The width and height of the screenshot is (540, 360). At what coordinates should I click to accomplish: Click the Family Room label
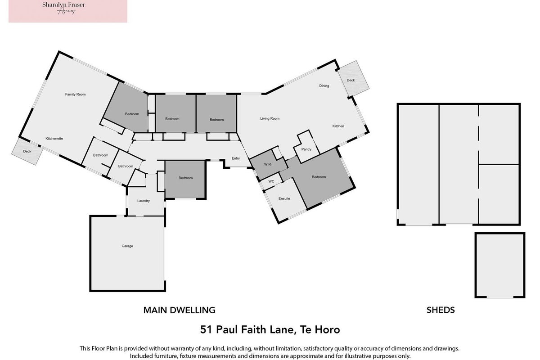pos(75,94)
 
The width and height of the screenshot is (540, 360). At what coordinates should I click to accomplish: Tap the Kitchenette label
pos(54,139)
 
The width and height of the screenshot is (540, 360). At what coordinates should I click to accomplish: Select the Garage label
pos(127,246)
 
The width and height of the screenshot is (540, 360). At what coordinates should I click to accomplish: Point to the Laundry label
pos(144,201)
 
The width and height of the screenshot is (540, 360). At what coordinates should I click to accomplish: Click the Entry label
pos(236,158)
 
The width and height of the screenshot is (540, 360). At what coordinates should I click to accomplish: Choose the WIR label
pos(268,164)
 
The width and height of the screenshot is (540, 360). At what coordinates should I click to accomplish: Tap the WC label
pos(271,181)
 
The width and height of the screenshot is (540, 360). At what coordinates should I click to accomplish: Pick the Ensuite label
pos(284,198)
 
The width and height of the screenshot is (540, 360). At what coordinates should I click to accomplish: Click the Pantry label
pos(306,149)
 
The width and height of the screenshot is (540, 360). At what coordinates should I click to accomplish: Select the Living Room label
pos(270,118)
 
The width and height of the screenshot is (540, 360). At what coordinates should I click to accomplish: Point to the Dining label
pos(324,85)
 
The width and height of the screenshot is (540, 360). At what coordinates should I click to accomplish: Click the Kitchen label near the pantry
pos(338,126)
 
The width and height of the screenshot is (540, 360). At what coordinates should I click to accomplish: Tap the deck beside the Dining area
pos(353,78)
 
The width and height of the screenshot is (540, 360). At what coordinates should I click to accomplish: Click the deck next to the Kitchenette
pos(27,152)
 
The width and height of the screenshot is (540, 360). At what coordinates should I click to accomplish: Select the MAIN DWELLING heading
pos(180,310)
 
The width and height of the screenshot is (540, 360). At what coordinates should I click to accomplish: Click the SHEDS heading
pos(441,310)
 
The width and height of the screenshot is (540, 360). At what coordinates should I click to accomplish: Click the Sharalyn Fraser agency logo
pos(68,11)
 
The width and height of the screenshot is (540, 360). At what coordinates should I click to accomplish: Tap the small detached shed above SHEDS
pos(500,265)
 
